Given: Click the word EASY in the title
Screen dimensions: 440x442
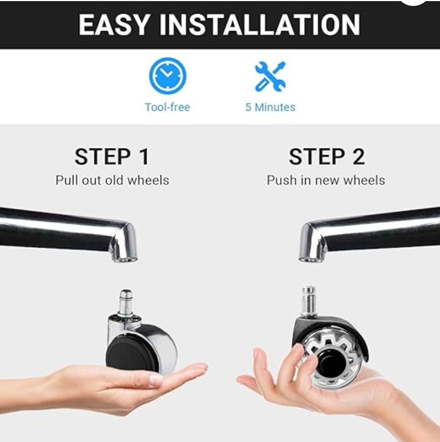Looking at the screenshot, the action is click(114, 25).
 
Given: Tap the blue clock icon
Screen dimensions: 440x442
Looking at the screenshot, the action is click(168, 75).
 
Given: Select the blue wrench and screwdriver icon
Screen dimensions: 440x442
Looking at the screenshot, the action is click(270, 76).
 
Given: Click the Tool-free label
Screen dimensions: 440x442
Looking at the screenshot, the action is click(168, 107).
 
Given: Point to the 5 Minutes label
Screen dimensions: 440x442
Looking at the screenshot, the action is click(270, 107).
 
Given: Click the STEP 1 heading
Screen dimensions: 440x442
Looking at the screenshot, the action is click(112, 157).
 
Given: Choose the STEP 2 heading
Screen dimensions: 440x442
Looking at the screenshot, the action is click(327, 157).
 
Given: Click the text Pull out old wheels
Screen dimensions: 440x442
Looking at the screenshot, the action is click(112, 181).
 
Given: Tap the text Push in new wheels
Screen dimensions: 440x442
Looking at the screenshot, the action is click(326, 181).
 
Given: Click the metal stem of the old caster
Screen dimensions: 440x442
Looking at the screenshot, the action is click(126, 302).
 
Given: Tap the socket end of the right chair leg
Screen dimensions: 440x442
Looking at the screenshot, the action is click(311, 255).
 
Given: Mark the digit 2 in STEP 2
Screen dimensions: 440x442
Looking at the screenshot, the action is click(359, 157).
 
